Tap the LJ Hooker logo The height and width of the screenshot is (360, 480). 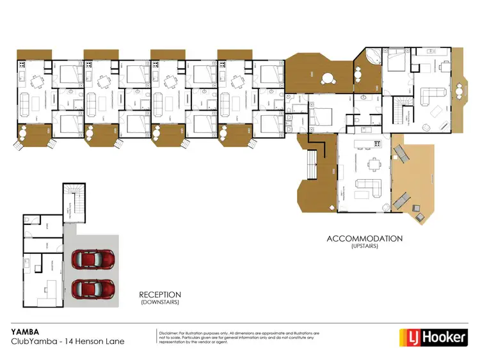click(433, 336)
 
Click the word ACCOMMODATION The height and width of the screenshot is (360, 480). click(364, 239)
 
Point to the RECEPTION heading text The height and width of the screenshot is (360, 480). click(159, 295)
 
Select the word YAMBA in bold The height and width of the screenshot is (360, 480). click(23, 332)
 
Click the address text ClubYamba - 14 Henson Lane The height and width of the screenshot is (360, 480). click(68, 341)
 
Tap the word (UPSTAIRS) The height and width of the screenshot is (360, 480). click(364, 246)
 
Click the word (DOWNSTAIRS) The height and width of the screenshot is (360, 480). click(159, 302)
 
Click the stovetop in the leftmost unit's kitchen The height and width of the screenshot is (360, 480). click(22, 65)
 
